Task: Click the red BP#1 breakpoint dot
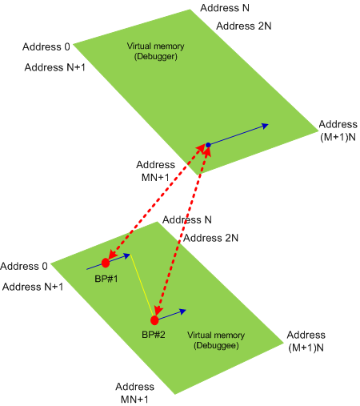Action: [106, 263]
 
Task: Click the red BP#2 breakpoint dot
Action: [154, 320]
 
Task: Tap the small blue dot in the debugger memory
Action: [208, 145]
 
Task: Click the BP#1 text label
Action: [106, 279]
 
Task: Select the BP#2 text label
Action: [154, 335]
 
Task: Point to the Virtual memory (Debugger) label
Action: [155, 51]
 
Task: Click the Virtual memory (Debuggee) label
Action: [216, 340]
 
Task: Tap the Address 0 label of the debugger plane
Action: [46, 46]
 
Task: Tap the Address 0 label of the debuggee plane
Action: [24, 266]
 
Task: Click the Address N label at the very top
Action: [225, 8]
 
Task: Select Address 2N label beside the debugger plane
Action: [244, 26]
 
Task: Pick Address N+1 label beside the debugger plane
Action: [55, 67]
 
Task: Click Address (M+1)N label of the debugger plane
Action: [338, 131]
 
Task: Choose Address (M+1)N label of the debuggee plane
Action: [306, 341]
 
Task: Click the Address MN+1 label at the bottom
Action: [134, 393]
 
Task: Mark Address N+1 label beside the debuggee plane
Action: [33, 287]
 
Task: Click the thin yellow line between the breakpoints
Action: [142, 286]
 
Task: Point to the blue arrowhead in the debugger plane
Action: [264, 126]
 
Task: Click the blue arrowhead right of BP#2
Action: [182, 312]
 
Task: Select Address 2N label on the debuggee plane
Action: [210, 238]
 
